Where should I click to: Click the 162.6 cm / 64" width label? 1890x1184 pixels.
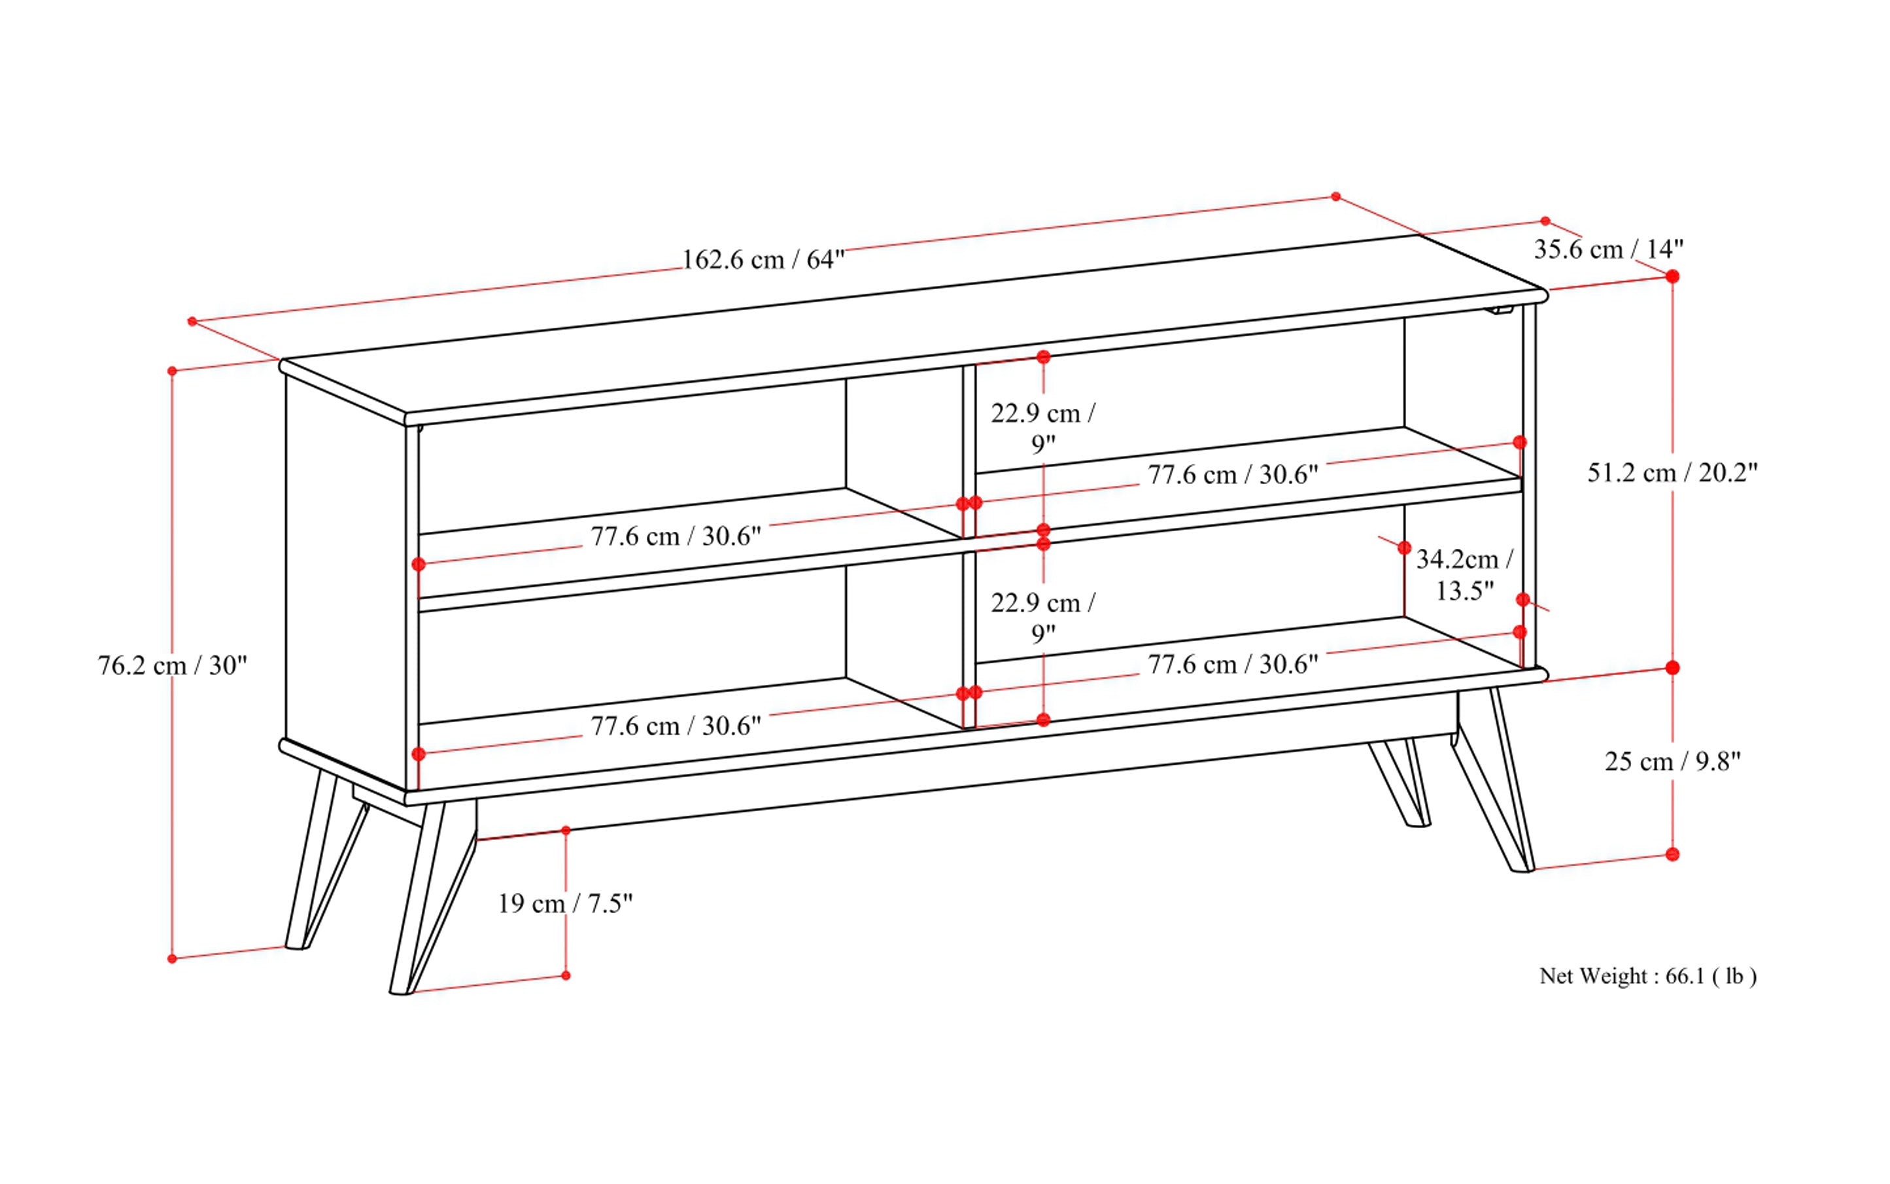(x=763, y=259)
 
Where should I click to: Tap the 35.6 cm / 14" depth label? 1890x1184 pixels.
(x=1608, y=249)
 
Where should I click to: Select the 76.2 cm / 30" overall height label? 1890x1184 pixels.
(x=172, y=666)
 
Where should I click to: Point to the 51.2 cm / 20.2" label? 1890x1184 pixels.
(x=1672, y=473)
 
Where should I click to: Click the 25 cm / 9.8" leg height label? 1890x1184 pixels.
(x=1672, y=761)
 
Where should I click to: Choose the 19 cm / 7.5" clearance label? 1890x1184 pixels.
(x=565, y=903)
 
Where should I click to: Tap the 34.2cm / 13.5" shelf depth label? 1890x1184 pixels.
(x=1464, y=575)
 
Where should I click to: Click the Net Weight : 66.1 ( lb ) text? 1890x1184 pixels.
(x=1648, y=977)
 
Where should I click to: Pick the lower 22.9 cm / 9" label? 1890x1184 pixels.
(x=1043, y=617)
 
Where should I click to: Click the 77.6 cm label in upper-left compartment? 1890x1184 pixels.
(x=675, y=536)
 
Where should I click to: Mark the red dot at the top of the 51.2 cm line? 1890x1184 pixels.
(x=1672, y=277)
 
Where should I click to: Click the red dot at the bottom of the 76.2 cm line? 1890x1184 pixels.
(x=172, y=959)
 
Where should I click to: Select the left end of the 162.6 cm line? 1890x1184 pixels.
(x=192, y=321)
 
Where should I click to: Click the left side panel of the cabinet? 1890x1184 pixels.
(x=345, y=580)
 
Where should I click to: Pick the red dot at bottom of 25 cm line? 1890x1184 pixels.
(x=1672, y=854)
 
